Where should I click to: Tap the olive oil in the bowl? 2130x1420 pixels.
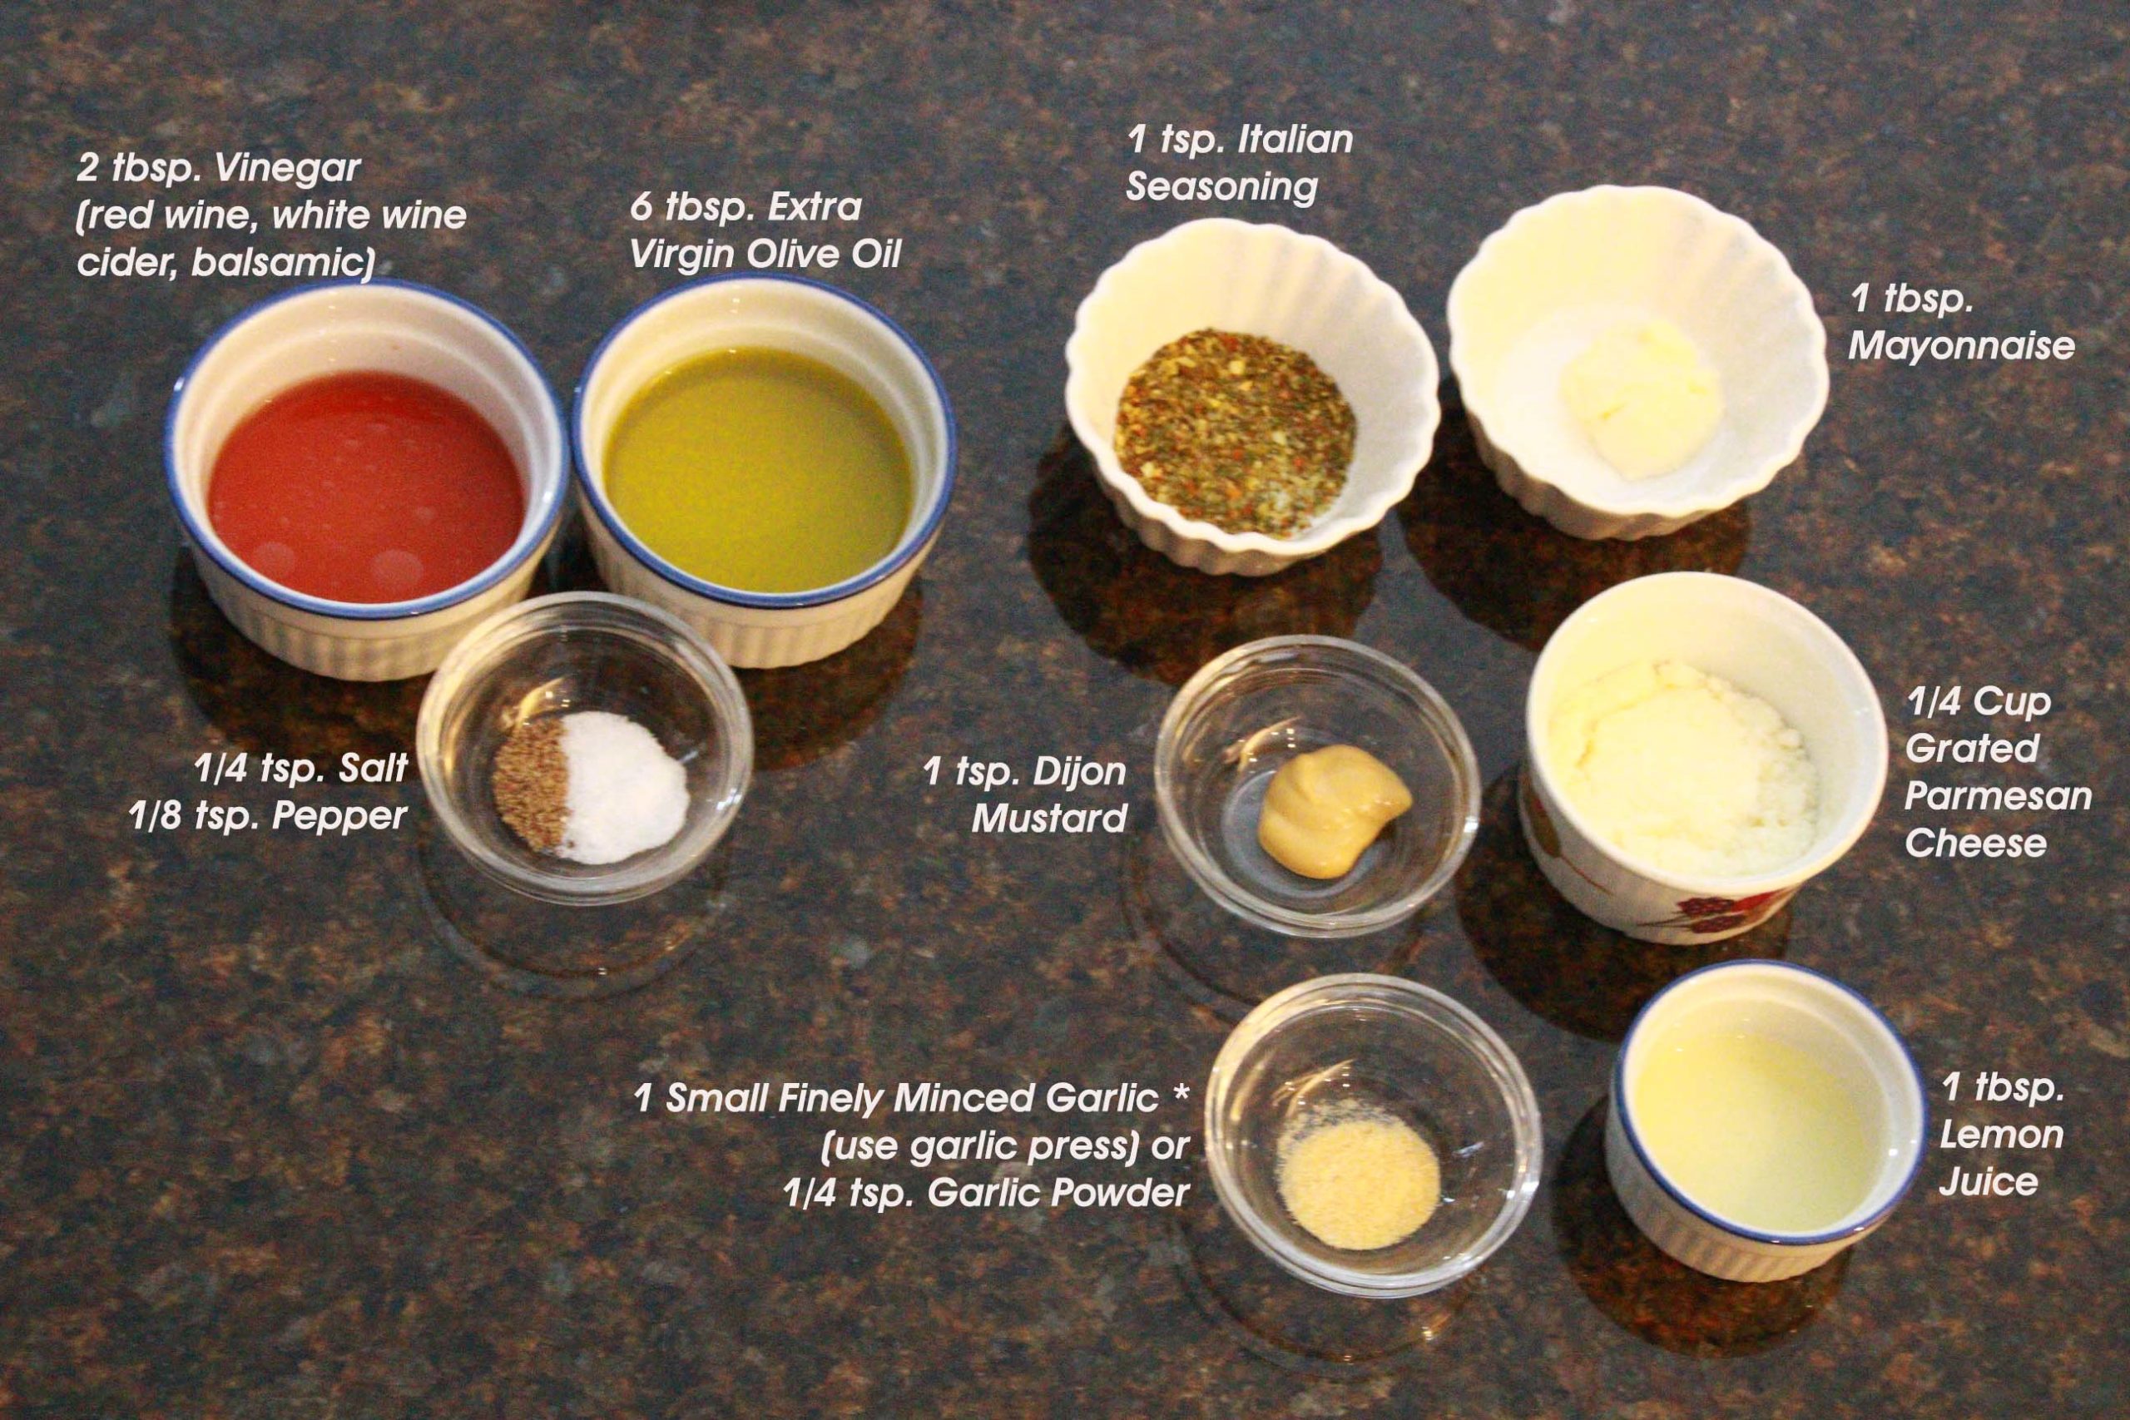click(759, 458)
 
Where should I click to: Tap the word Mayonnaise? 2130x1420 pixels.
click(1960, 346)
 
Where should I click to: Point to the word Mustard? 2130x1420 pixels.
click(1048, 819)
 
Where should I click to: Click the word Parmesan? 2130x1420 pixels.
click(1998, 797)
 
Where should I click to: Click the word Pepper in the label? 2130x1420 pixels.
click(339, 819)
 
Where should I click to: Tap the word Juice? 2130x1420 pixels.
click(1989, 1182)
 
